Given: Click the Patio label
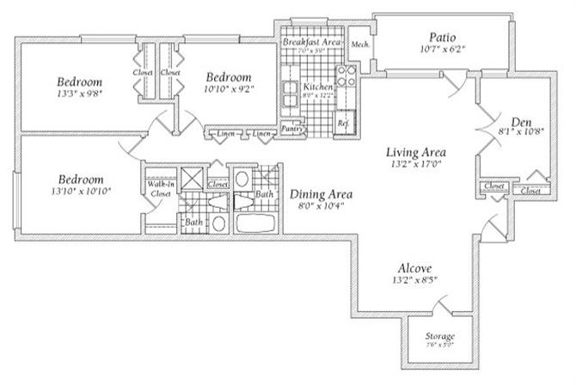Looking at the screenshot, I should click(442, 37).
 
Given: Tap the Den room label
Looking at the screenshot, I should click(520, 121).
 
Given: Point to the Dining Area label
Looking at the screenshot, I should click(321, 194).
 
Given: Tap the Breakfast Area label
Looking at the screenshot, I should click(311, 41).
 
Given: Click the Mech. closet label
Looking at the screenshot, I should click(360, 44).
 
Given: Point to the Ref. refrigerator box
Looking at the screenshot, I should click(343, 122).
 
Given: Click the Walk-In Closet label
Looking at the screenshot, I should click(160, 189).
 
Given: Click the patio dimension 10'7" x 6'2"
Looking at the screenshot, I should click(441, 50).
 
